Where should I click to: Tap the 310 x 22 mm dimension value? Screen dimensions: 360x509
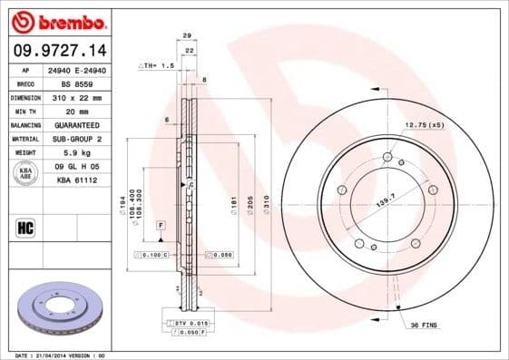pyautogui.click(x=75, y=95)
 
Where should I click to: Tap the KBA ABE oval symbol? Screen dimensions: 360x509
pyautogui.click(x=26, y=172)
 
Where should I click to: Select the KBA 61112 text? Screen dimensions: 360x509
pyautogui.click(x=76, y=180)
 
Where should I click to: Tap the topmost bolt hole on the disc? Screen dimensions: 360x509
pyautogui.click(x=387, y=158)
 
